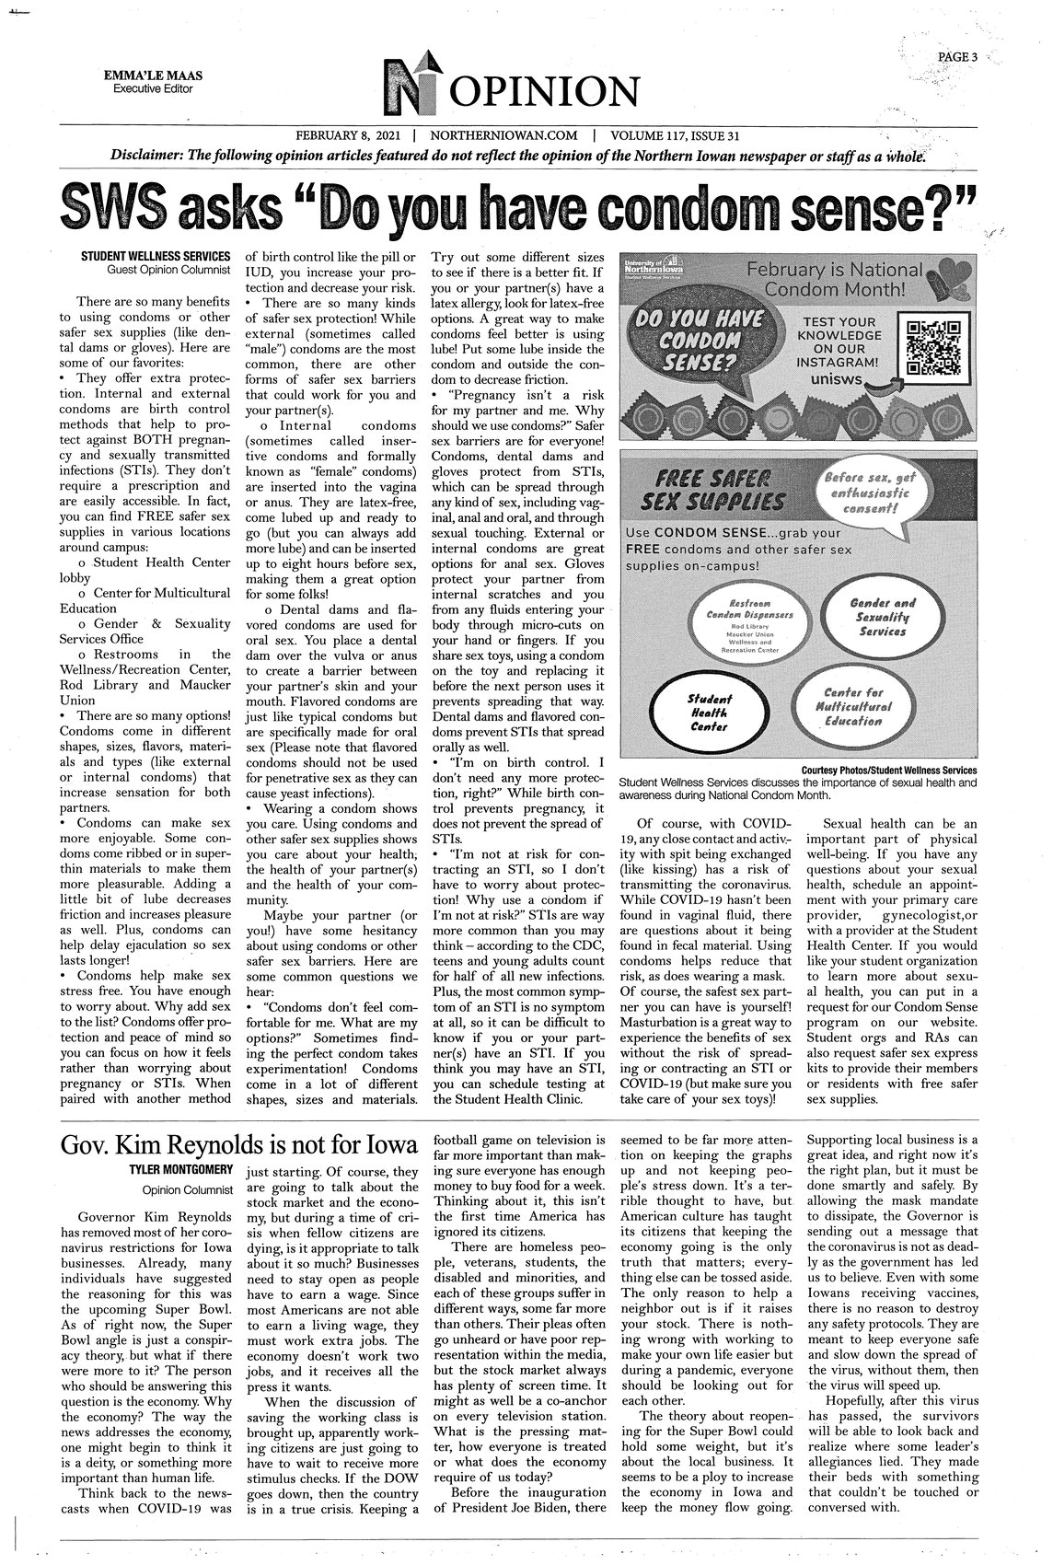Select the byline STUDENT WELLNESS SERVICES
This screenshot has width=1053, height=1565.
pos(156,255)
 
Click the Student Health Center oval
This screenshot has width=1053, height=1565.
pos(709,713)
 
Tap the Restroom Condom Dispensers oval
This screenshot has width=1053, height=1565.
pos(741,629)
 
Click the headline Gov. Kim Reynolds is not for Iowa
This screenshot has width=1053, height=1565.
pos(237,1145)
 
